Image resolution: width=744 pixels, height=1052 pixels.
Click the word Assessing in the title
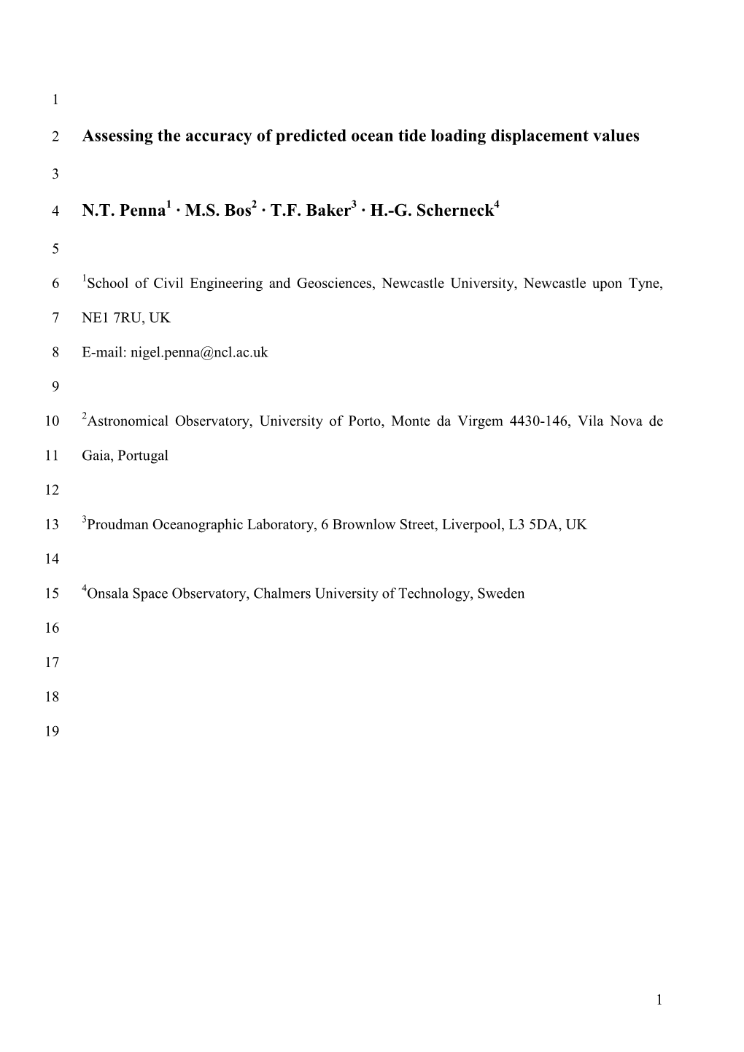click(117, 136)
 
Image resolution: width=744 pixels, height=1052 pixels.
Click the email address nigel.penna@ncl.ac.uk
click(198, 353)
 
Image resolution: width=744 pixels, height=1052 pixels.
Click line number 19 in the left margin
click(52, 732)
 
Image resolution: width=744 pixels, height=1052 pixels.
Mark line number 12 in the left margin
click(52, 491)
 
